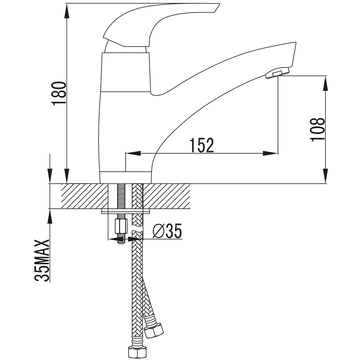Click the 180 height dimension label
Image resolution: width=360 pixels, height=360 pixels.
pyautogui.click(x=60, y=93)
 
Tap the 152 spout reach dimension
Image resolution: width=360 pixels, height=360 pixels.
pyautogui.click(x=202, y=145)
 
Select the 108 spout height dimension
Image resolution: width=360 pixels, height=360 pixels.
pyautogui.click(x=317, y=130)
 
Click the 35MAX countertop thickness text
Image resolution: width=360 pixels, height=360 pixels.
pyautogui.click(x=42, y=260)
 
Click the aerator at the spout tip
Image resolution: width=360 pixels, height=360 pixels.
pyautogui.click(x=277, y=73)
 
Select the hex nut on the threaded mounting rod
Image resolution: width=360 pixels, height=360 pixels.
pyautogui.click(x=121, y=226)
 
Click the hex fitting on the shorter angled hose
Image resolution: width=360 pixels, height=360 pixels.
pyautogui.click(x=154, y=330)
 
